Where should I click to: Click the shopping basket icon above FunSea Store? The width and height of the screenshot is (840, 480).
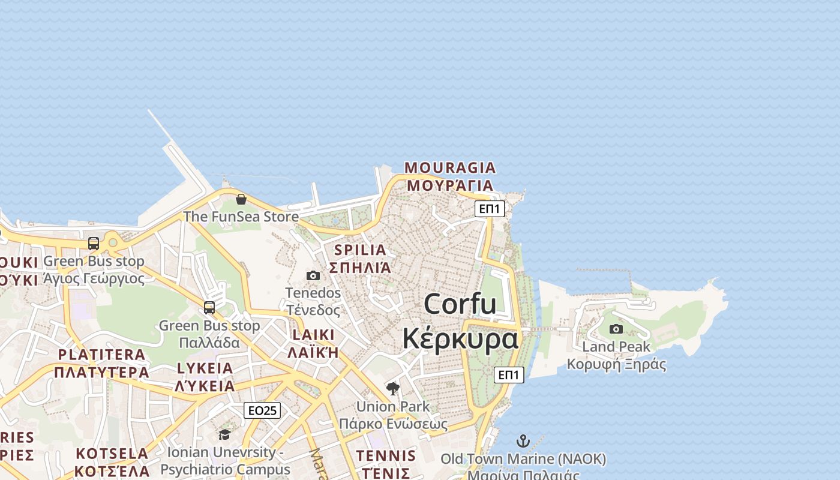241,199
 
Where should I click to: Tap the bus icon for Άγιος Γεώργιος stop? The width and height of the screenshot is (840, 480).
94,243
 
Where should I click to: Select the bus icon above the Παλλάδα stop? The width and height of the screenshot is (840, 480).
209,307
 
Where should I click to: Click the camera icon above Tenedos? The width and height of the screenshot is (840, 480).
313,275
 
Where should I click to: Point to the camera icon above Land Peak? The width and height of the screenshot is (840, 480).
616,329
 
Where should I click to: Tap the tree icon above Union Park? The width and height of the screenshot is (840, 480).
393,388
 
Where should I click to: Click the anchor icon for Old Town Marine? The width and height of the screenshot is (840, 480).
523,441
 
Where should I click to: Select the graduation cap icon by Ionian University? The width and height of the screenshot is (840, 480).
224,434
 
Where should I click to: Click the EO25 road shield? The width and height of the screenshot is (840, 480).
263,410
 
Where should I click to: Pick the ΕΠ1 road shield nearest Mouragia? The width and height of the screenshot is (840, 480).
490,209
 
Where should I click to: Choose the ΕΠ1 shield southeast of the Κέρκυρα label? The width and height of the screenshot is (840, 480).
509,375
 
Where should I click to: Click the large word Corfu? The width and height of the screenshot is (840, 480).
460,304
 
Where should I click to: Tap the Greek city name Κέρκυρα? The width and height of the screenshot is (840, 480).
460,338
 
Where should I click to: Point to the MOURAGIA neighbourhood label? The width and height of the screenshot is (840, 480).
450,167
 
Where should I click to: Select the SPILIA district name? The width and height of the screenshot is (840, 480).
360,250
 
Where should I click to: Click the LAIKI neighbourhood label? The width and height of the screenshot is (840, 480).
313,335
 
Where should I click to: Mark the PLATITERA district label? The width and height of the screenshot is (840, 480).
101,355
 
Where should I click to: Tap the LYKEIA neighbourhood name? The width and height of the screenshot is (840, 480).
205,368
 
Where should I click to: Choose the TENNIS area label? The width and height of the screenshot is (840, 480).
386,455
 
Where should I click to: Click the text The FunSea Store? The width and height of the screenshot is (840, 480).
241,217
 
